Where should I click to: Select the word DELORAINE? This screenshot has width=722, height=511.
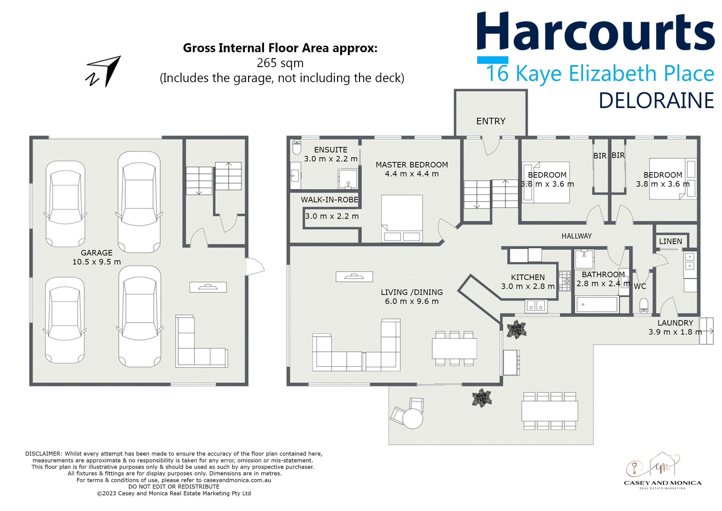tap(656, 101)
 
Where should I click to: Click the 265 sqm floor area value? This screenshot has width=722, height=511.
tap(280, 63)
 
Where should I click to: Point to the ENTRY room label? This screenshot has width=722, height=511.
tap(491, 121)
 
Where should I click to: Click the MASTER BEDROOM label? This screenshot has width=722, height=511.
tap(412, 165)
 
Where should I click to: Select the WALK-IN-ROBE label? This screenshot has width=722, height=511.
tap(330, 200)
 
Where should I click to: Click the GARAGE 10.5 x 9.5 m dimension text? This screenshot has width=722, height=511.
tap(96, 262)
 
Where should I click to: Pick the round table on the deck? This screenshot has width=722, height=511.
tap(412, 419)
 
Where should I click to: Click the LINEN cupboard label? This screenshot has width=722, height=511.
tap(670, 242)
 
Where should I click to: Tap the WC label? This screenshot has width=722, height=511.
tap(640, 286)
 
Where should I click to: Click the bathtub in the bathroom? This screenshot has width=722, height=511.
tap(597, 305)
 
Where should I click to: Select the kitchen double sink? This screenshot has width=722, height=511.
tap(536, 306)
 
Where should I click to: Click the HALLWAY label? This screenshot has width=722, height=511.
tap(576, 236)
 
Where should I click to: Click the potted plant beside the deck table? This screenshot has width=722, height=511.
tap(481, 398)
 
